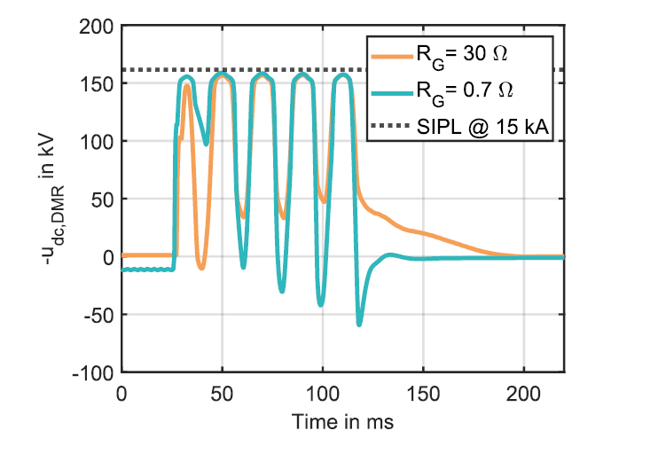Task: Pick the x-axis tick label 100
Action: (x=323, y=392)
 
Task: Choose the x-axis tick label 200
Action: (x=523, y=392)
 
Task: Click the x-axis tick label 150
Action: (x=423, y=392)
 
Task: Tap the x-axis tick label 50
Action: (x=222, y=392)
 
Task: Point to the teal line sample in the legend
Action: (x=393, y=90)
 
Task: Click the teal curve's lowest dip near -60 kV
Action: (x=359, y=324)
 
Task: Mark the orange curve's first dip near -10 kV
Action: (x=202, y=267)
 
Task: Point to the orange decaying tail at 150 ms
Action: (x=423, y=233)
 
